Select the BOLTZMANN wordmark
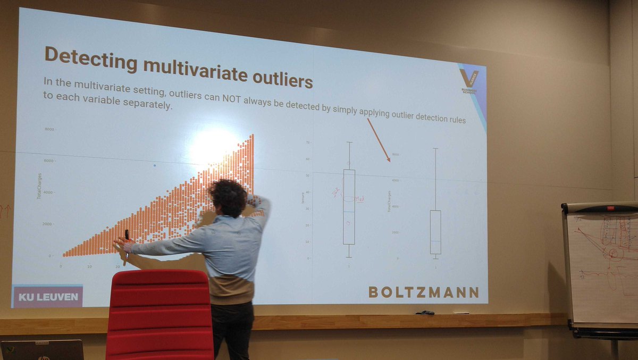pyautogui.click(x=423, y=292)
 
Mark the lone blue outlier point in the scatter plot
pyautogui.click(x=155, y=165)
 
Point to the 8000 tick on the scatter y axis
pyautogui.click(x=49, y=129)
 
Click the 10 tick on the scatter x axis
pyautogui.click(x=89, y=265)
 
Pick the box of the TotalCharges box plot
pyautogui.click(x=435, y=232)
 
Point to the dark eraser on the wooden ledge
pyautogui.click(x=425, y=313)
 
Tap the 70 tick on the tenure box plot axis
pyautogui.click(x=308, y=143)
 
